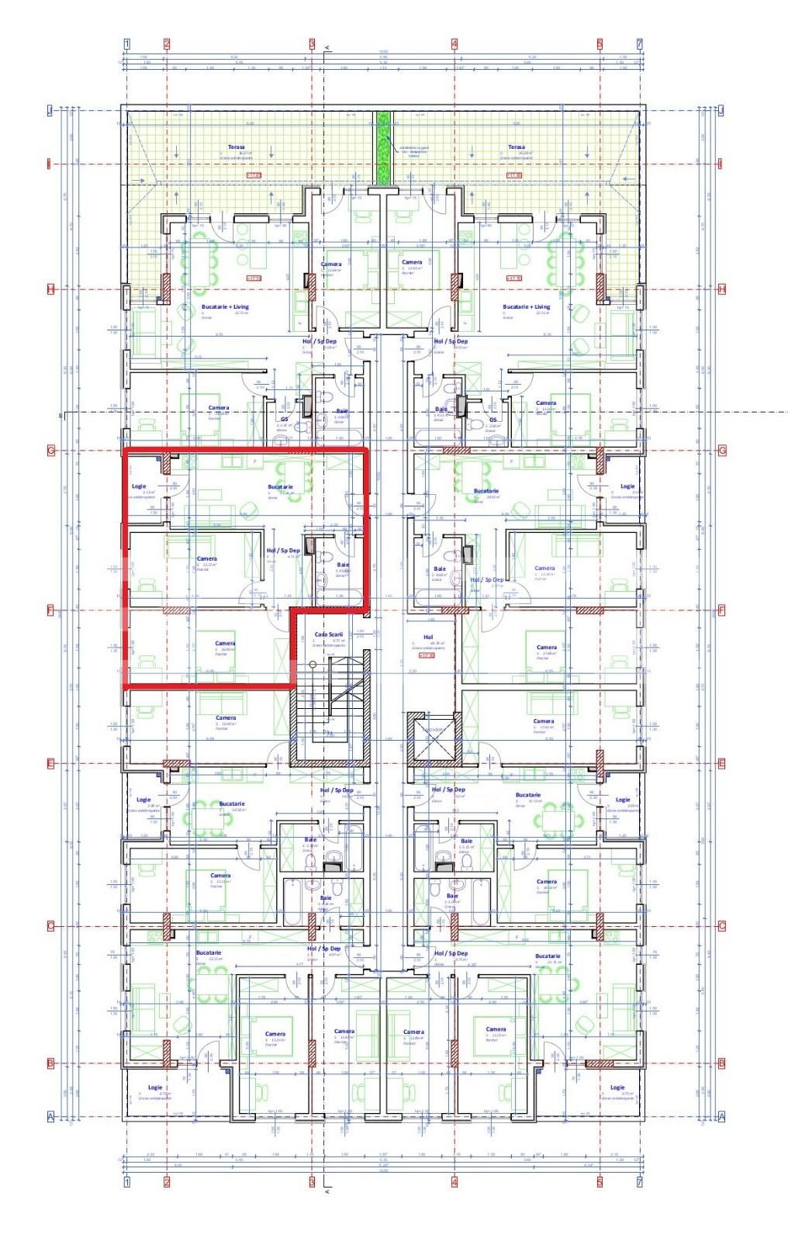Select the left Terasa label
[x=236, y=147]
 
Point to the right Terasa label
[x=516, y=147]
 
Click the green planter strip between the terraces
[x=382, y=147]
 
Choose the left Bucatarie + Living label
[x=204, y=306]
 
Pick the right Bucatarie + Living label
[x=527, y=306]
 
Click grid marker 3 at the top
[x=312, y=44]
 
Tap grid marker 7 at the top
[x=640, y=44]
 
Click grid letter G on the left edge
[x=50, y=450]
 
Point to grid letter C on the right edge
[x=721, y=925]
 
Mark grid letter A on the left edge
[x=50, y=1115]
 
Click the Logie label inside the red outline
[x=139, y=486]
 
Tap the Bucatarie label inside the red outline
[x=280, y=486]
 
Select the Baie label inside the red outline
[x=343, y=565]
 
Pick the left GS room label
[x=285, y=419]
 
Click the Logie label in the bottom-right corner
[x=617, y=1087]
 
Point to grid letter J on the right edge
[x=721, y=111]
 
